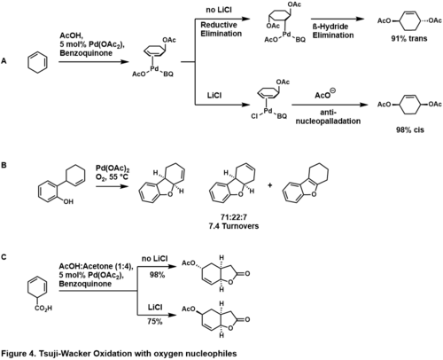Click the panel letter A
pos(4,61)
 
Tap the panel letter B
pos(4,165)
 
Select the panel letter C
pos(4,257)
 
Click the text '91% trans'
pos(409,38)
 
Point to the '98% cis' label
pos(410,129)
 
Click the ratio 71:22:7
pos(234,217)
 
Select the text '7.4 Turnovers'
pos(234,226)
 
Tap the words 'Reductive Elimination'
pos(221,29)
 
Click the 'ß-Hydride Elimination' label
pos(333,31)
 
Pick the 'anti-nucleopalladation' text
pos(328,117)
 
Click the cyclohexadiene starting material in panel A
pos(37,63)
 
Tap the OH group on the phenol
pos(68,202)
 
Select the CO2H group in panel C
pos(43,309)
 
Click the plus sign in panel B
pos(270,185)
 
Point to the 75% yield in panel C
pos(155,321)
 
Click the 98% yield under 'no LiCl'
pos(157,275)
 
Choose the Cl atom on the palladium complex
pos(254,116)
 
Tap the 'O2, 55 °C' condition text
pos(112,177)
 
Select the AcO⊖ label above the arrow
pos(325,94)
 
